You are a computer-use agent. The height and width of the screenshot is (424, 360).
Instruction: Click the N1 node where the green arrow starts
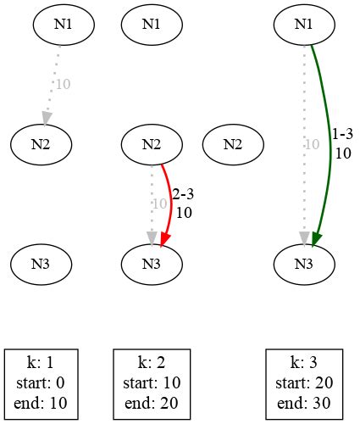pyautogui.click(x=303, y=24)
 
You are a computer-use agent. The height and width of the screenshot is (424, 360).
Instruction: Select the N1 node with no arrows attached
pyautogui.click(x=152, y=24)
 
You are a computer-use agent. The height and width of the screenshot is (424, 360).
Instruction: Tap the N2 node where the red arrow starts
pyautogui.click(x=152, y=143)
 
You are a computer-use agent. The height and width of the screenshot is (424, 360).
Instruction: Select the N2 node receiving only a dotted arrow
pyautogui.click(x=41, y=143)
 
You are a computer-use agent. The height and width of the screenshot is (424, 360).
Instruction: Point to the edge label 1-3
pyautogui.click(x=343, y=134)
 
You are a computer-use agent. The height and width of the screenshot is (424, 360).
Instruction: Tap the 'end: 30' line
pyautogui.click(x=303, y=402)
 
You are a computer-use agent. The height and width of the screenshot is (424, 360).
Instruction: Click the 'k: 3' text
pyautogui.click(x=303, y=363)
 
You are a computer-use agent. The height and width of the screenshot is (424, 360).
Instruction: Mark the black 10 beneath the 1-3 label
pyautogui.click(x=343, y=153)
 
